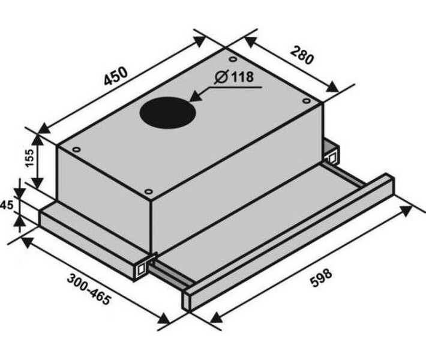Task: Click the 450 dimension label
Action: coord(116,76)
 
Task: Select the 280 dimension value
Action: coord(302,55)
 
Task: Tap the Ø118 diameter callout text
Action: coord(234,77)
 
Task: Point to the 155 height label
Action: coord(29,158)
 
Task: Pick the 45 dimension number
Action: coord(7,205)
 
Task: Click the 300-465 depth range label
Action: coord(89,290)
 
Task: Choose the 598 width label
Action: coord(321,277)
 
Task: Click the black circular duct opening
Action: coord(167,113)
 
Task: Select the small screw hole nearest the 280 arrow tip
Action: coord(307,101)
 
